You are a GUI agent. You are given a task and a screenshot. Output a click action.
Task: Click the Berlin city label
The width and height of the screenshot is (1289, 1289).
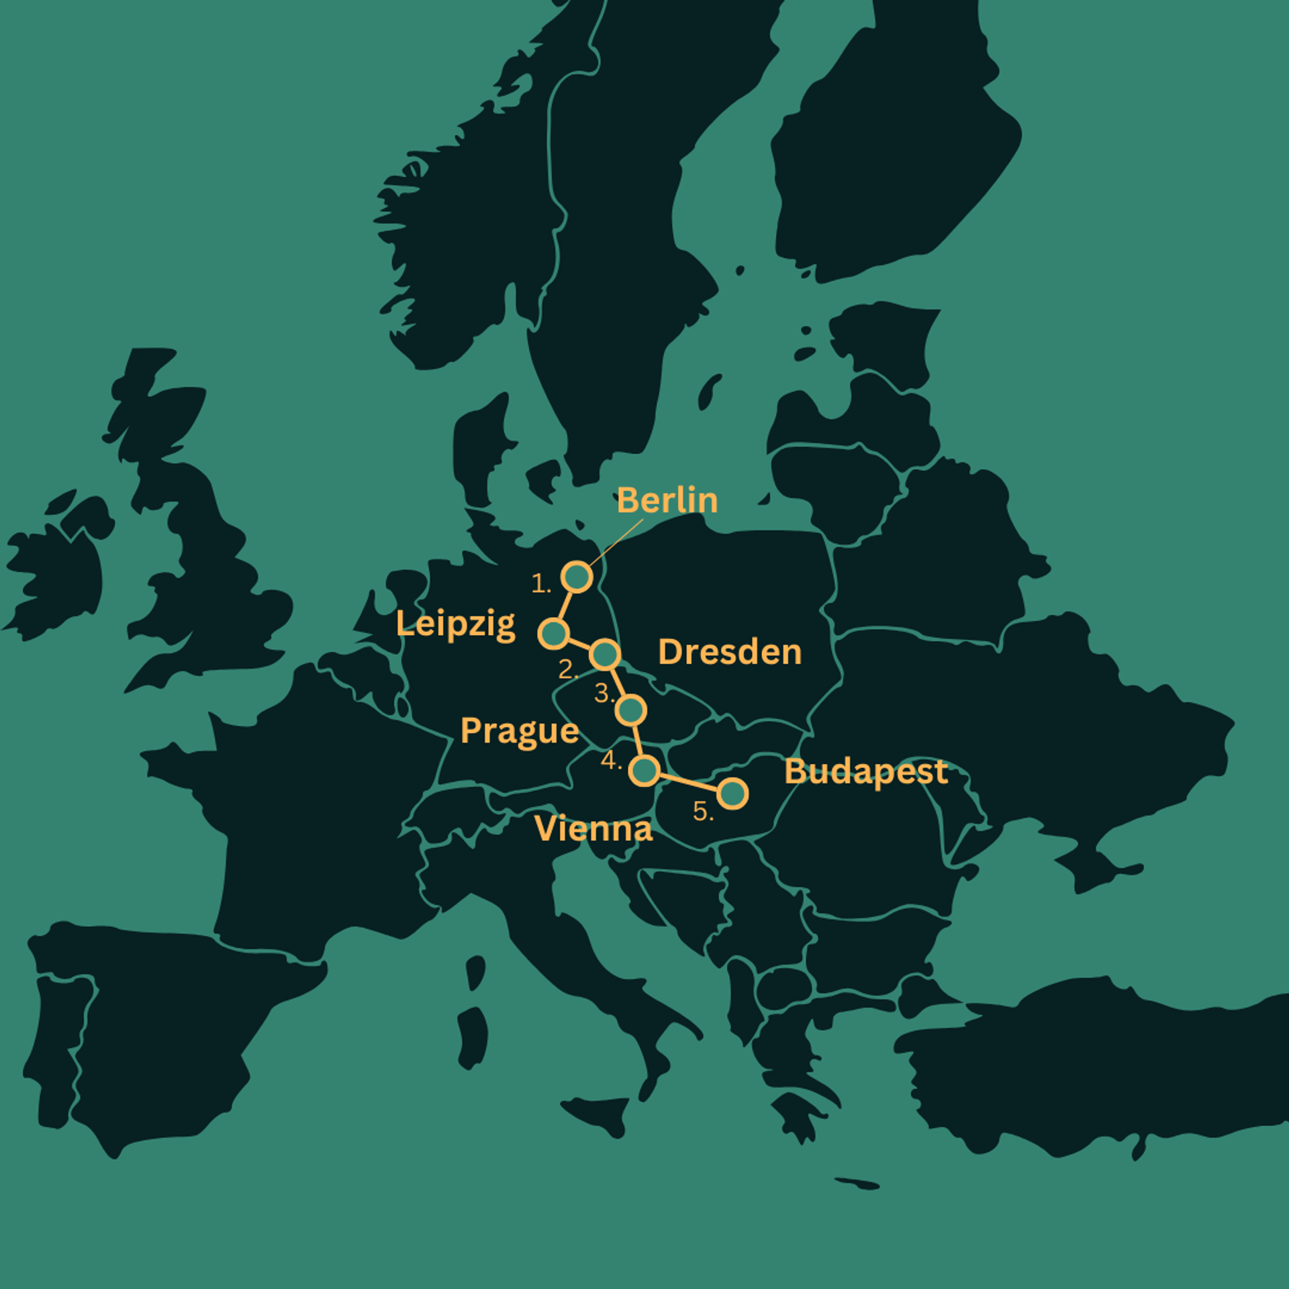[x=667, y=501]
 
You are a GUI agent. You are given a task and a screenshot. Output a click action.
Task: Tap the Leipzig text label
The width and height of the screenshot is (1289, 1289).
[x=456, y=624]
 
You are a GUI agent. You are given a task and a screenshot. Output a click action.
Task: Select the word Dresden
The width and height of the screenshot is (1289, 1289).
[x=730, y=652]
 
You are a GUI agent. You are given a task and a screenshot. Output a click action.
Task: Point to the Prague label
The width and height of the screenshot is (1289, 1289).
[x=520, y=730]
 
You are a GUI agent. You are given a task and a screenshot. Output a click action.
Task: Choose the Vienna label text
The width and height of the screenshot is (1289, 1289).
[x=593, y=828]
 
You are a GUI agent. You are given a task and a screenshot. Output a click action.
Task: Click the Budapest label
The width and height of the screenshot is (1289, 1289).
[x=866, y=771]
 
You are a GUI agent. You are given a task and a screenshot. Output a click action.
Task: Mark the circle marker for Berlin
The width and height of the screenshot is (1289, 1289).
[x=577, y=577]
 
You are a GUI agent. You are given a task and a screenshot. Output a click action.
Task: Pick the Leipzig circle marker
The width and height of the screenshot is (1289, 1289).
[x=554, y=633]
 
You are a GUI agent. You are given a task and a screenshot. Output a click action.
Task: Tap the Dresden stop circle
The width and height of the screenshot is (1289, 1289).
[x=605, y=654]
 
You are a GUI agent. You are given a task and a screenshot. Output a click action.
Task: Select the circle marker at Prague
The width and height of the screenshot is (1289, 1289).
[x=631, y=710]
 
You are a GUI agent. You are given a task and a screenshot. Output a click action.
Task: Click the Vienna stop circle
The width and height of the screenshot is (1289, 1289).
[x=644, y=771]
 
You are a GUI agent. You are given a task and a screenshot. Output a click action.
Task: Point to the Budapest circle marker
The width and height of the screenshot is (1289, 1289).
[x=732, y=794]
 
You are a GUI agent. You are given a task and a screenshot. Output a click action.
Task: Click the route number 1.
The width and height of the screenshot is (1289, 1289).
[x=540, y=583]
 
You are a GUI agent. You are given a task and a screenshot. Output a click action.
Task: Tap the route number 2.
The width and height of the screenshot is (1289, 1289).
[x=567, y=669]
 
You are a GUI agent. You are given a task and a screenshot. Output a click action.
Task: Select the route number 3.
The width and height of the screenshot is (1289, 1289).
[x=603, y=693]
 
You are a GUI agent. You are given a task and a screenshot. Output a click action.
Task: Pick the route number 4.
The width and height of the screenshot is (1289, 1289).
[x=610, y=760]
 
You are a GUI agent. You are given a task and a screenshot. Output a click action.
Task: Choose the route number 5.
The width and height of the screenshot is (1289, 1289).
[x=702, y=812]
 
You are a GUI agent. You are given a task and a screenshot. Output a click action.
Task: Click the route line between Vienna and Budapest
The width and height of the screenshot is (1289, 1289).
[x=688, y=782]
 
